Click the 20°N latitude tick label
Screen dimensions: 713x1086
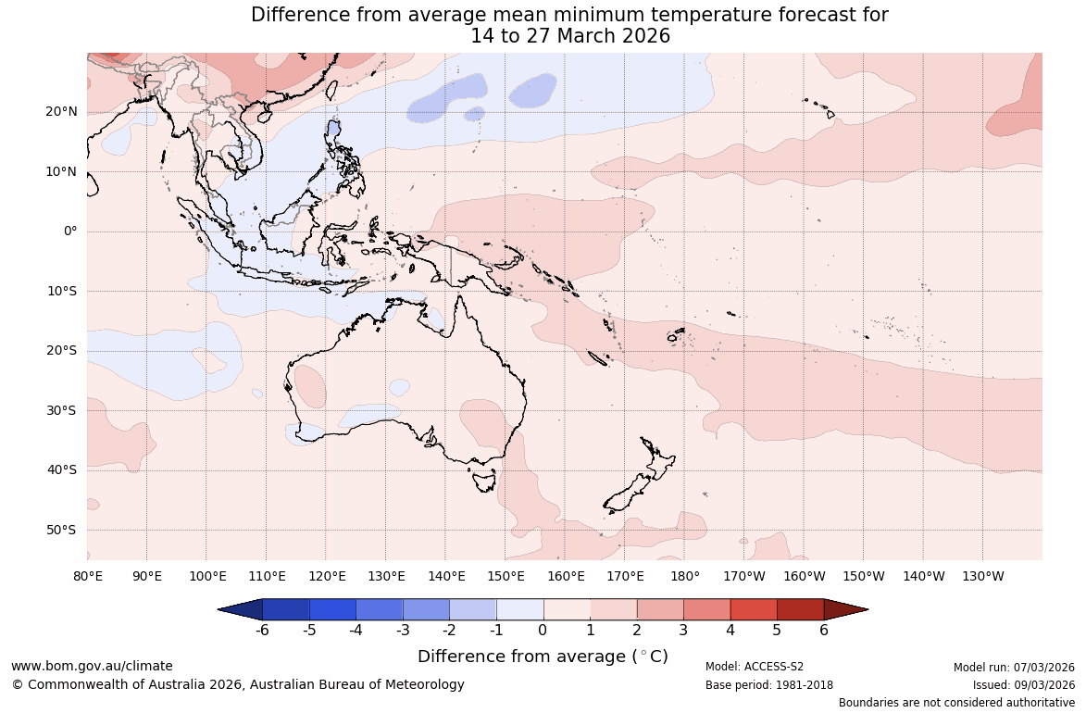click(62, 112)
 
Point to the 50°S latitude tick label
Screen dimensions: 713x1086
click(62, 530)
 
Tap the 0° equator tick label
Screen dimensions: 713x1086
click(70, 231)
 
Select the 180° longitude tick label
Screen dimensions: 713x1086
click(685, 576)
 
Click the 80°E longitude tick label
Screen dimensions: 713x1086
click(88, 576)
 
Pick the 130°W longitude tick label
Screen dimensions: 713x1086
click(983, 576)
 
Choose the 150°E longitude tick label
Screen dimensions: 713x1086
click(506, 576)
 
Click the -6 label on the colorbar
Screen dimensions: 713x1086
click(262, 631)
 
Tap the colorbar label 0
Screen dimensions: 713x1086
click(543, 631)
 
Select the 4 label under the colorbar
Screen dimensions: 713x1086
click(730, 631)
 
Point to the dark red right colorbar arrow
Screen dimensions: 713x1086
click(844, 609)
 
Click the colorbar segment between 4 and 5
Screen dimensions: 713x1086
click(754, 609)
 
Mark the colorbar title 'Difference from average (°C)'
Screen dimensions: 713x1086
click(543, 657)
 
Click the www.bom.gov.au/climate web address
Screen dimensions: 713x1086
click(92, 666)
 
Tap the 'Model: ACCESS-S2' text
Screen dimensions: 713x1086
click(755, 667)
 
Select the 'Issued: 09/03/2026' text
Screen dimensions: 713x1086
click(1023, 685)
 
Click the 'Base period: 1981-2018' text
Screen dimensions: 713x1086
click(769, 685)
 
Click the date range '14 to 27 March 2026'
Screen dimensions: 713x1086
click(570, 36)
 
